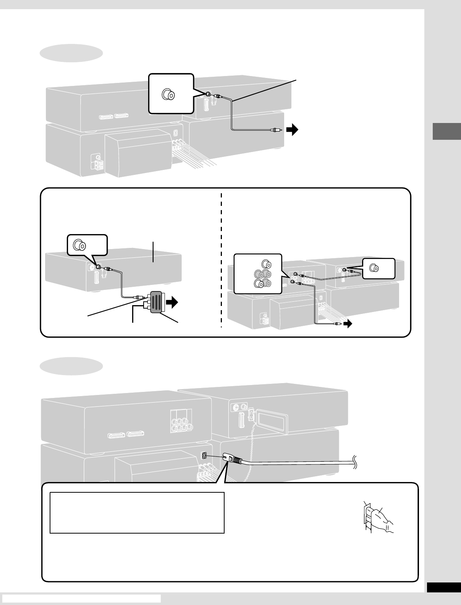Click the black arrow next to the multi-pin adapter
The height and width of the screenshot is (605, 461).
tap(173, 303)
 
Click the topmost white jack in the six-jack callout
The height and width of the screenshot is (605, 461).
tap(266, 264)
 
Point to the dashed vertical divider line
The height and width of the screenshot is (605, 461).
tap(222, 260)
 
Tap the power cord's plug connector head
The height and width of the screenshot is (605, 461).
tap(231, 458)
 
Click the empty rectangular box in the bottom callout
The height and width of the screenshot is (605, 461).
tap(137, 513)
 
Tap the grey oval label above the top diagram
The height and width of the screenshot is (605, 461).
tap(71, 53)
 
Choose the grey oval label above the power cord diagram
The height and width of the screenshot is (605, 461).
tap(71, 366)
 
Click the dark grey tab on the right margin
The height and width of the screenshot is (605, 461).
tap(446, 131)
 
